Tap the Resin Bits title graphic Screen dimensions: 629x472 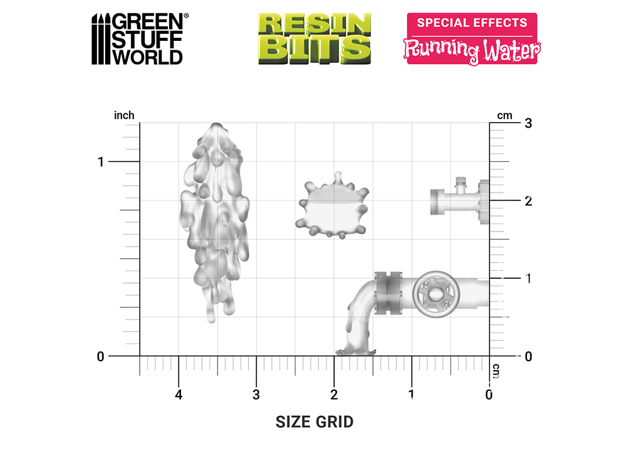point(314,39)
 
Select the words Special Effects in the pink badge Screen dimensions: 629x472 point(472,23)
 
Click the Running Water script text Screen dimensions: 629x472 point(472,50)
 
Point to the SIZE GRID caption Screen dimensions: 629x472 point(314,422)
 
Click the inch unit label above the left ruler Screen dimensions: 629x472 point(124,116)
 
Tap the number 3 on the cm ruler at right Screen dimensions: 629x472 point(528,123)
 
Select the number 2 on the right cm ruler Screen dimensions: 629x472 point(528,201)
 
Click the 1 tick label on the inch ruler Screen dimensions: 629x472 point(101,162)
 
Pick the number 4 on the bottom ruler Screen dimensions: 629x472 point(179,395)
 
